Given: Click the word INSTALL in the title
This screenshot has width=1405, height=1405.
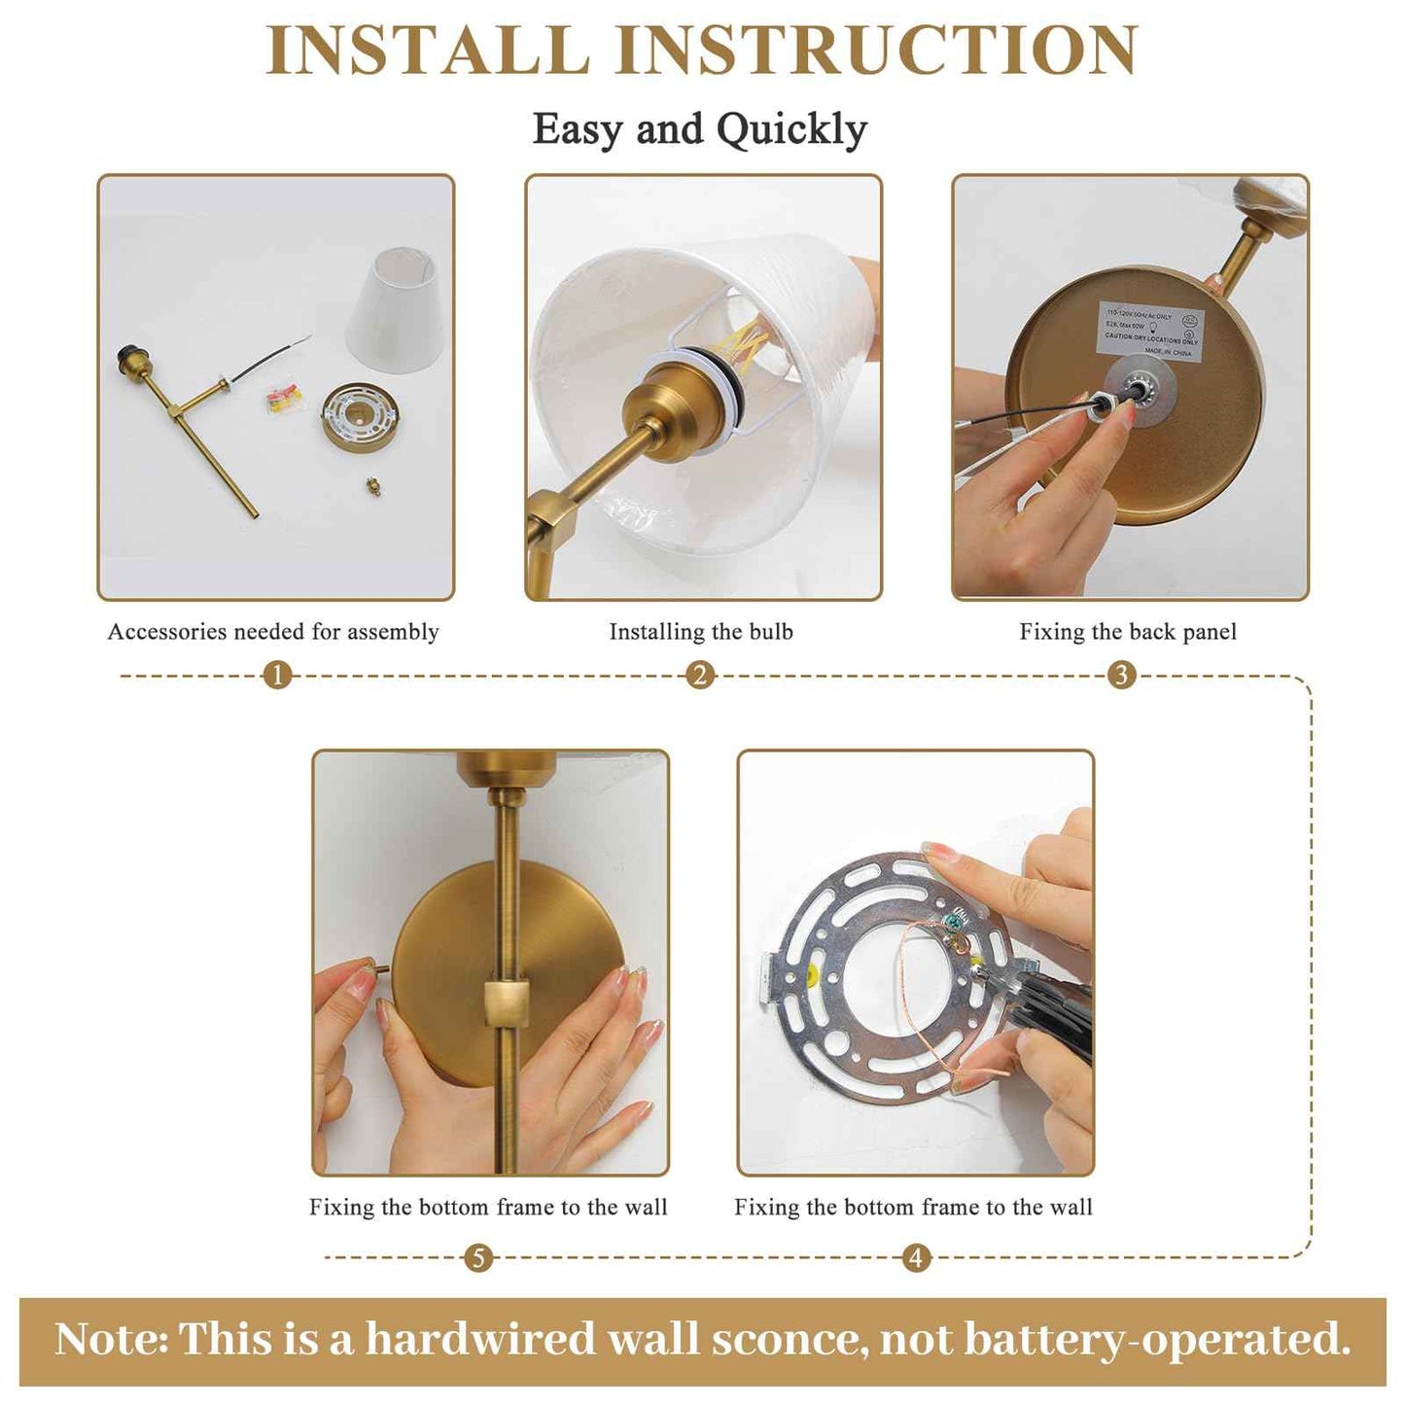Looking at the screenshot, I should [428, 51].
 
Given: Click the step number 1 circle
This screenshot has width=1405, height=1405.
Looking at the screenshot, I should [277, 675].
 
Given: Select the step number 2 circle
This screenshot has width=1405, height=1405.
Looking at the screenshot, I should [700, 675].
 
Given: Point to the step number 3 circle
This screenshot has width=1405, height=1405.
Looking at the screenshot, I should [1121, 675].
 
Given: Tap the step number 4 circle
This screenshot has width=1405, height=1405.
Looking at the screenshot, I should [915, 1258].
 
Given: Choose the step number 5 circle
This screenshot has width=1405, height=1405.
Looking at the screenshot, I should [477, 1258].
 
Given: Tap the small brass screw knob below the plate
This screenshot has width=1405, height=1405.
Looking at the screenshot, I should [372, 485].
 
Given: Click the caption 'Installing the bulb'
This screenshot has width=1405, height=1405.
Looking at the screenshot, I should [701, 632].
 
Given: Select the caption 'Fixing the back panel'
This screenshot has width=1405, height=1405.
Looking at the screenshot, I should [1128, 632].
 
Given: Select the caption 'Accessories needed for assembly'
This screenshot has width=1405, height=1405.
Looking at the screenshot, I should [273, 632].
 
